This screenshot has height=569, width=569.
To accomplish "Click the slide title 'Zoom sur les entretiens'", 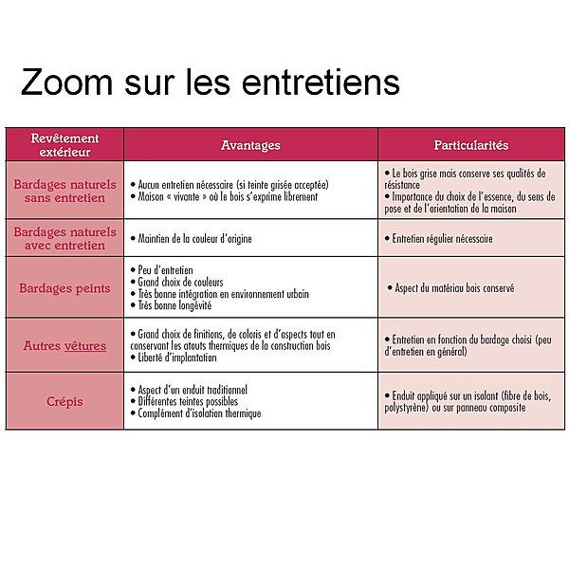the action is (x=210, y=83).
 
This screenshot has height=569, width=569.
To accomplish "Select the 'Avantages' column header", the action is (x=250, y=145).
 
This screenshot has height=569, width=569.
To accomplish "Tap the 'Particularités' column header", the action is (x=471, y=145).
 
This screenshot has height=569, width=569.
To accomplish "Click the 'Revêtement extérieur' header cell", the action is (x=64, y=145).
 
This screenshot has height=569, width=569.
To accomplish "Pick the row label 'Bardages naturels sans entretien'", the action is (x=64, y=191).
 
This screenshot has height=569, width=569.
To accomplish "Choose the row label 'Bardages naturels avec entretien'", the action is (x=64, y=238).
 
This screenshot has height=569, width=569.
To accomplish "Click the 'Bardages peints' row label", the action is (x=64, y=288).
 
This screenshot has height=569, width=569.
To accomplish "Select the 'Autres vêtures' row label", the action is (x=64, y=346).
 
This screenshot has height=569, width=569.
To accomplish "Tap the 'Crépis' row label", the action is (x=64, y=401).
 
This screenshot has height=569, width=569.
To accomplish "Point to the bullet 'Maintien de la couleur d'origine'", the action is (x=194, y=239).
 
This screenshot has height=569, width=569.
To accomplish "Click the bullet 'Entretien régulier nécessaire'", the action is (x=442, y=239).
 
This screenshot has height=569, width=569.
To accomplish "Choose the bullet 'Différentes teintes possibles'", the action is (x=191, y=401).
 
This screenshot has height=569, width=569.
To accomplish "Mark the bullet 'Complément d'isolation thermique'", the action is (x=199, y=413).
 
